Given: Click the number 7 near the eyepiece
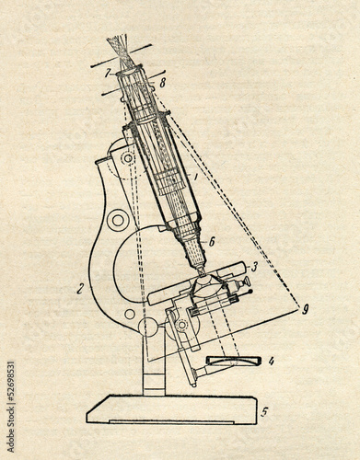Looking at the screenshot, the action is tap(108, 72).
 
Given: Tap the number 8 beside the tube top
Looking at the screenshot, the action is tap(164, 82).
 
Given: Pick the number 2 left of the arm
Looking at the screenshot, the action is tap(81, 288).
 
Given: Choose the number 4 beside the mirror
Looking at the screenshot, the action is tap(271, 361).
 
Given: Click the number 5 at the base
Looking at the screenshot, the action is tap(264, 412).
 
